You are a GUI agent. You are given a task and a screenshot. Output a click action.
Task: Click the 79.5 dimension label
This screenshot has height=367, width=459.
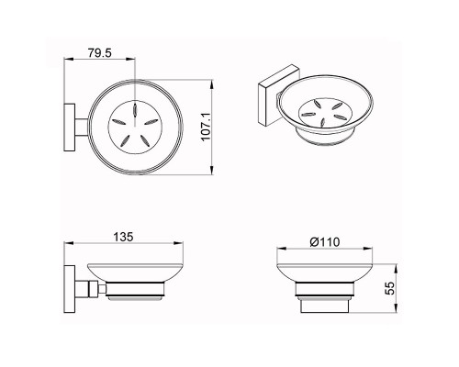click(100, 53)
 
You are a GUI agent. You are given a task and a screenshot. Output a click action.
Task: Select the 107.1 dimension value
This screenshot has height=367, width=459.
click(206, 127)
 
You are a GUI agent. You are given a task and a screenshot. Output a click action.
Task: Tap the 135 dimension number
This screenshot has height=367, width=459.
click(123, 237)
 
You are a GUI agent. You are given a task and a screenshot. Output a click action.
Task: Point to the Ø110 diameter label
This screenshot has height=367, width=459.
click(324, 242)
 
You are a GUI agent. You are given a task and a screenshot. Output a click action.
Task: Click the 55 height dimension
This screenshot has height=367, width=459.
click(390, 288)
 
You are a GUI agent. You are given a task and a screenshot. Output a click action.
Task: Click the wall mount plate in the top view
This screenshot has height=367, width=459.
click(70, 128)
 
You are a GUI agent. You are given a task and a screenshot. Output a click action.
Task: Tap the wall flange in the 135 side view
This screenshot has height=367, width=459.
click(70, 289)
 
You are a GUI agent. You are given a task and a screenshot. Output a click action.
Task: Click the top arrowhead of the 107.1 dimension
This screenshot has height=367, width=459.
click(212, 84)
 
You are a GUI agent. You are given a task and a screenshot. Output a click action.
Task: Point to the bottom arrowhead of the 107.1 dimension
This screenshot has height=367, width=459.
click(212, 171)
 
